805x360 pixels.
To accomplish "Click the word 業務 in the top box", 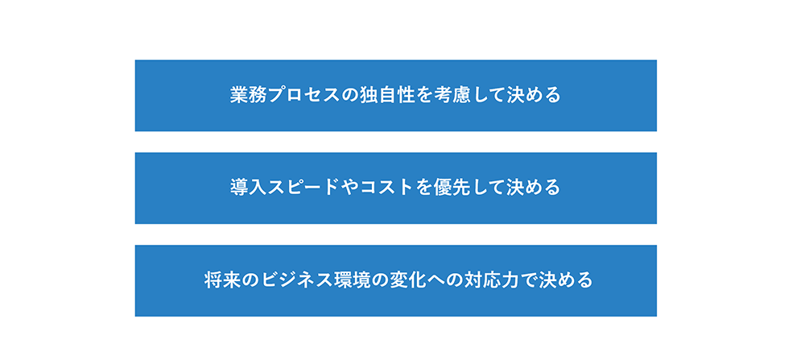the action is (249, 96).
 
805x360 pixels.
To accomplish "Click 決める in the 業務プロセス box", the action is (534, 96).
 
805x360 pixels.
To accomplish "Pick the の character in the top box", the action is (349, 96).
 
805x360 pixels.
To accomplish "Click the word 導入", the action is (249, 188).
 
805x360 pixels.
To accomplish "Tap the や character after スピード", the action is (349, 188).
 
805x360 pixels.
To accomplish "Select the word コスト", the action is (387, 188).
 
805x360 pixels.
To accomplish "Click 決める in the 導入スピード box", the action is (534, 188).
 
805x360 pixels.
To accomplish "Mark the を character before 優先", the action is (424, 188).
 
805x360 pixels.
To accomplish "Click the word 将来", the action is (222, 280).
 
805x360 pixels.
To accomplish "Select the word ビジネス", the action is (296, 280).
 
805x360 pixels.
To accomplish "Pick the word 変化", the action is (407, 280).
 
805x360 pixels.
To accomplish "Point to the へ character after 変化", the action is (435, 281).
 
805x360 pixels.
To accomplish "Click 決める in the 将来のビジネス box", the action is (566, 280).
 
